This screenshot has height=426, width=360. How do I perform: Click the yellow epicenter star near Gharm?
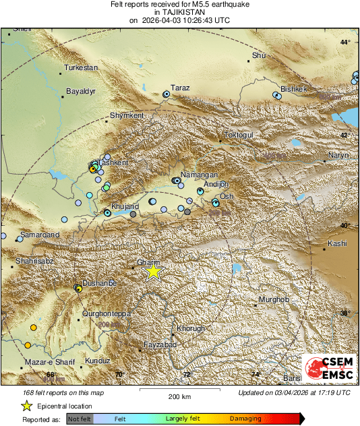pos(154,271)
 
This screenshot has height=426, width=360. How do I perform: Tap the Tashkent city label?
pos(113,162)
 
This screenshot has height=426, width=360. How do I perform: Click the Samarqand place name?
pos(38,234)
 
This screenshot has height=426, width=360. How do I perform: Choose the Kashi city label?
pos(336,243)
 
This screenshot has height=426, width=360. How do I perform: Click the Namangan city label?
pos(195,175)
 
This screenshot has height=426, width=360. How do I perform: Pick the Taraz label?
pos(181,88)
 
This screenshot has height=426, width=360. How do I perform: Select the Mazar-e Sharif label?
pos(49,362)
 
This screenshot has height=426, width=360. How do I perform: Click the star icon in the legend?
pos(26,406)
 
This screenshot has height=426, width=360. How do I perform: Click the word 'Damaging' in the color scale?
pos(245,419)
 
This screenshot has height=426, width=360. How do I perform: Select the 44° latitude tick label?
pos(345,42)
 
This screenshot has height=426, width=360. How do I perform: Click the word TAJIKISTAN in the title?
pos(179,11)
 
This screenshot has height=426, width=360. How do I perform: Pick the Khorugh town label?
pos(190,329)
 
